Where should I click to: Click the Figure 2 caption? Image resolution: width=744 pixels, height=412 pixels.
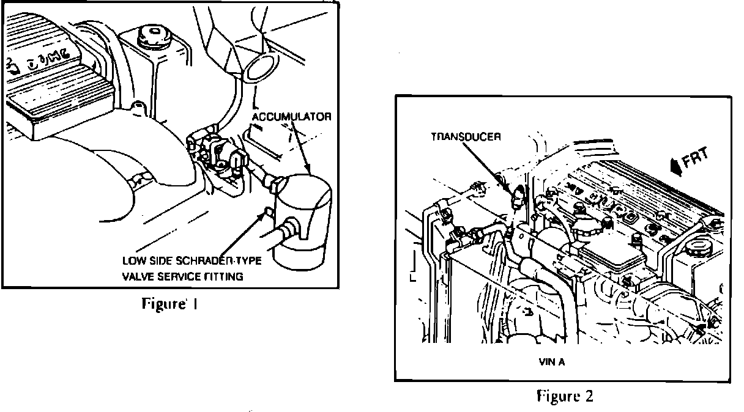click(x=565, y=395)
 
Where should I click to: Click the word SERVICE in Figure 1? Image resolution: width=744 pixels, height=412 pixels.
click(x=180, y=276)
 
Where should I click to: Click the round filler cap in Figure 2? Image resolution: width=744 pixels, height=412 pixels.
click(x=696, y=248)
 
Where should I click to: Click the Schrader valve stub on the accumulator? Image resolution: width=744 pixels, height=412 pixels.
click(x=268, y=212)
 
